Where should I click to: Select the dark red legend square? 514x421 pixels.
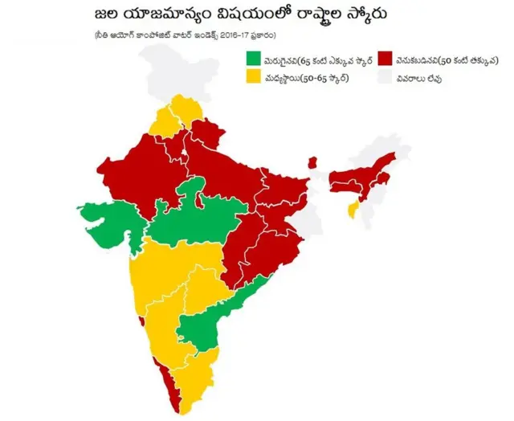pos(385,59)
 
